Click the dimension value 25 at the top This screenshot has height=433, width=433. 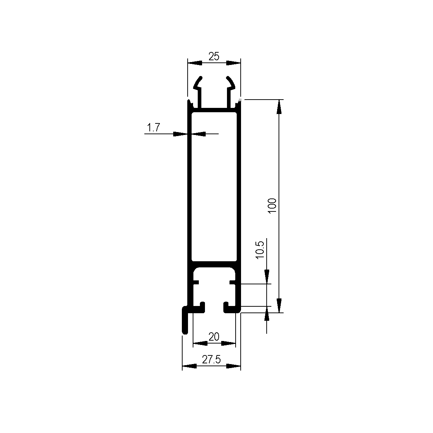214,56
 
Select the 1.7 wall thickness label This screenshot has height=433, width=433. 153,128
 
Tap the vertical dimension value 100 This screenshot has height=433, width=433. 272,205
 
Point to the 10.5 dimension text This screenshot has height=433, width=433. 260,250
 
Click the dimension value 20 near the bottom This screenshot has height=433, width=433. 214,337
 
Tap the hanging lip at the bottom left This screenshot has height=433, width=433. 185,321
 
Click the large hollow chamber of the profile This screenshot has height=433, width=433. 214,186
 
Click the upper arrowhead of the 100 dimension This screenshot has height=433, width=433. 279,106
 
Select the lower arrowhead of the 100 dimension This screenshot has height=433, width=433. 279,305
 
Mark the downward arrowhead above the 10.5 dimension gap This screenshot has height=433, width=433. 267,277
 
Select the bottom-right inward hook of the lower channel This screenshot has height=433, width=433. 231,308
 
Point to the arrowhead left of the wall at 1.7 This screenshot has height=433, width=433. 181,134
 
